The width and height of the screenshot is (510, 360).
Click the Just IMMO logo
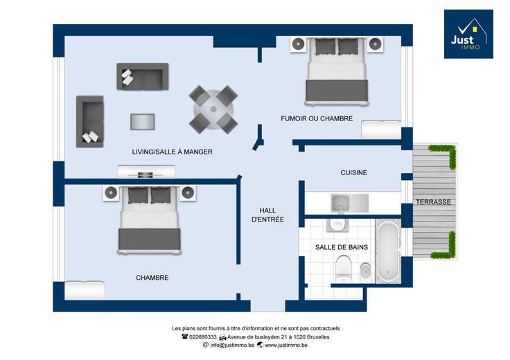468,34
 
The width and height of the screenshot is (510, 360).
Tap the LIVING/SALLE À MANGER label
172,152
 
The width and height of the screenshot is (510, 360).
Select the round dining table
213,109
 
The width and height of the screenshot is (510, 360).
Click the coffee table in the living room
143,122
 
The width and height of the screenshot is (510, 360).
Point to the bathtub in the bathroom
388,251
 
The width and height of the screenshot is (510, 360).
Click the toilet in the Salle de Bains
343,269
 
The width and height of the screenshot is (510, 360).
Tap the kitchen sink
340,204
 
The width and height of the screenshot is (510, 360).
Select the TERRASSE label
433,202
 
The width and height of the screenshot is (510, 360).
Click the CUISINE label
353,172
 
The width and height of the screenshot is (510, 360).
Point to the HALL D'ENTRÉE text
267,215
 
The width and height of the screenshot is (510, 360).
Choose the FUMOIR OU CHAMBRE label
317,118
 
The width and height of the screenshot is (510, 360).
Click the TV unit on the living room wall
146,172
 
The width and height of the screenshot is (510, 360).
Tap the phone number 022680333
202,337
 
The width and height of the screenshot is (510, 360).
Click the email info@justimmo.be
232,345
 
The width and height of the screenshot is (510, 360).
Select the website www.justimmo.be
286,345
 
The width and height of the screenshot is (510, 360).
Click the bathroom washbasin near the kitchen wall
337,225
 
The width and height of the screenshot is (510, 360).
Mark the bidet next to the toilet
366,272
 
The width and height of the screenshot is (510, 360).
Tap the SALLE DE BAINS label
342,247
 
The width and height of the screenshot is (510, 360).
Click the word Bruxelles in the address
318,337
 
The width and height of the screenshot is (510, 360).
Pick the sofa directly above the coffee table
143,76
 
